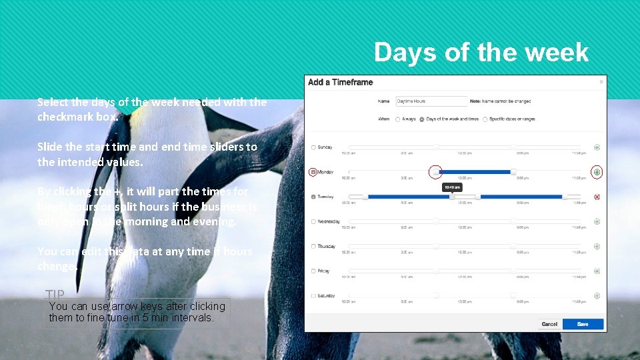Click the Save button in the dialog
583,324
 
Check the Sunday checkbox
314,147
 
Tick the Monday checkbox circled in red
314,172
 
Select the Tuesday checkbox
314,197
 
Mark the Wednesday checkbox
314,221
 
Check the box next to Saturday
314,295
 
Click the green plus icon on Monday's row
597,172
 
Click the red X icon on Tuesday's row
597,197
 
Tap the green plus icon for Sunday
597,147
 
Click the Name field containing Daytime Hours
431,101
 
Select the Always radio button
398,119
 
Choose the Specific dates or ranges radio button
485,119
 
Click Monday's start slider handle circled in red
435,172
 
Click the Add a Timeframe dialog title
340,83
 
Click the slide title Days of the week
481,52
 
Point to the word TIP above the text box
55,294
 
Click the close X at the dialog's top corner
601,82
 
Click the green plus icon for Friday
597,271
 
